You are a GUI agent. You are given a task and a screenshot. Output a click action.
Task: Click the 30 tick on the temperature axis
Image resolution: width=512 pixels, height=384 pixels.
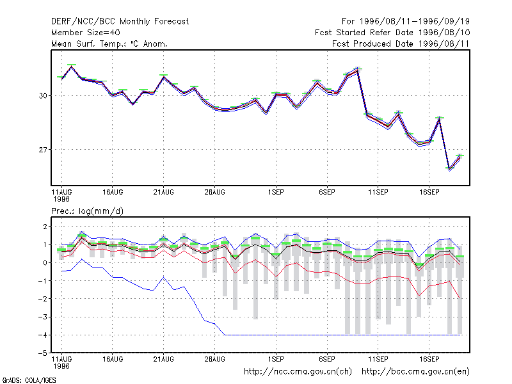click(43, 95)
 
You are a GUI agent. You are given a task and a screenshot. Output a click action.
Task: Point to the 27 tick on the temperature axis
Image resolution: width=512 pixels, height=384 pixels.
click(43, 150)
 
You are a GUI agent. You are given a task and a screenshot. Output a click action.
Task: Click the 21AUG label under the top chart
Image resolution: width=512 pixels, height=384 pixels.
click(164, 193)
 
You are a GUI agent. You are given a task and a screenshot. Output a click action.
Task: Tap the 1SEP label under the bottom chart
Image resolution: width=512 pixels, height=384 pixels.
click(276, 359)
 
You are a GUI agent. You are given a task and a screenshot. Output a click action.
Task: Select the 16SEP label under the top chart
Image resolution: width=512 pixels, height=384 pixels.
click(429, 193)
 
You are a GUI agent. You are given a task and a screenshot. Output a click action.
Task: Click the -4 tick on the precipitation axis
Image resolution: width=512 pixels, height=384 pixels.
click(43, 335)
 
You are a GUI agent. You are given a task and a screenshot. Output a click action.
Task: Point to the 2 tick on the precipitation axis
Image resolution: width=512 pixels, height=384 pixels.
click(45, 227)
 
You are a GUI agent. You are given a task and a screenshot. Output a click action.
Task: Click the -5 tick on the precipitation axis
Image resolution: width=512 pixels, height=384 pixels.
click(43, 353)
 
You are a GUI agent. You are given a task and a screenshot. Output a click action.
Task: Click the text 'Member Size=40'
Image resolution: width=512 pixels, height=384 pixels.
click(86, 33)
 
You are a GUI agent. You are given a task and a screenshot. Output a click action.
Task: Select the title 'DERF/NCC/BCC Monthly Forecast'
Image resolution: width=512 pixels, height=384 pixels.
click(120, 22)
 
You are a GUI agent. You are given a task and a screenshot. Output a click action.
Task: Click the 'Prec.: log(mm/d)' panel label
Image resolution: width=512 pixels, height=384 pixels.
click(87, 211)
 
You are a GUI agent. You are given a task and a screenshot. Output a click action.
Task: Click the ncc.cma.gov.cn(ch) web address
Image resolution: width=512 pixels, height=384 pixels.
click(298, 372)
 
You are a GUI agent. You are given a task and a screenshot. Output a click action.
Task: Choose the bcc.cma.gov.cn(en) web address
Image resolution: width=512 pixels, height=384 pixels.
click(415, 372)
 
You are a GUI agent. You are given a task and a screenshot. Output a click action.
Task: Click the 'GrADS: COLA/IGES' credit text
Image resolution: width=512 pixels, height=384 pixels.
click(29, 380)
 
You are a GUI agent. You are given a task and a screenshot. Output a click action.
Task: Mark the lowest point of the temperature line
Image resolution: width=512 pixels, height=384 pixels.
click(450, 169)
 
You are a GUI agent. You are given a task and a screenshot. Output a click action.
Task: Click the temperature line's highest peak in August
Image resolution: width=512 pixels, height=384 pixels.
click(72, 67)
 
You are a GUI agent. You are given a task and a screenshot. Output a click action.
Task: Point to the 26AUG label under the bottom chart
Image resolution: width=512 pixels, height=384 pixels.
click(214, 359)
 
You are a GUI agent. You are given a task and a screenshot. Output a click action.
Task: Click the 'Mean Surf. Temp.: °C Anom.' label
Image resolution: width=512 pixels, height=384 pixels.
click(109, 44)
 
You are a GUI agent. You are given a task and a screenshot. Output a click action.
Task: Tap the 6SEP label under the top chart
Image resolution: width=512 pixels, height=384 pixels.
click(327, 193)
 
